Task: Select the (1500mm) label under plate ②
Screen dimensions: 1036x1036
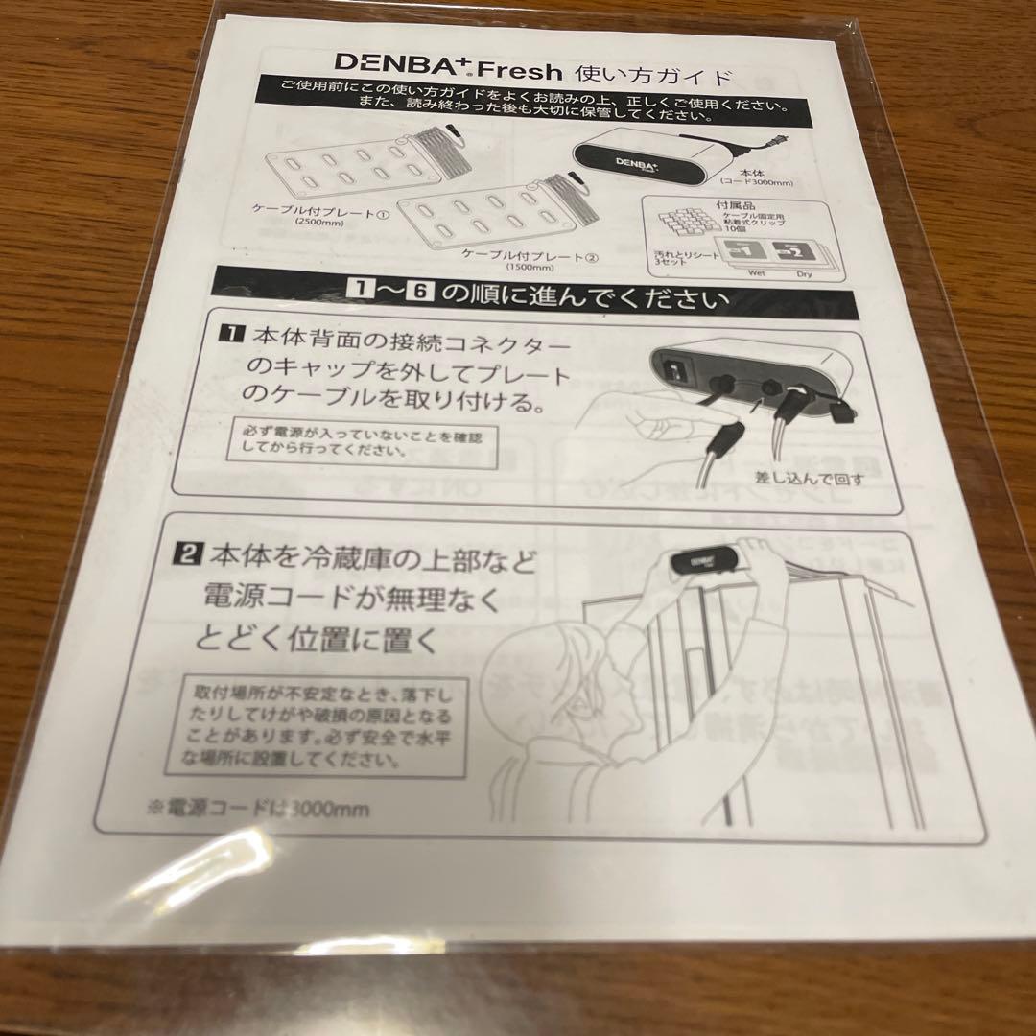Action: [x=525, y=268]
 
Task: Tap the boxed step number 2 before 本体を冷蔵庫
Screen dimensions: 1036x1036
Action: [x=185, y=553]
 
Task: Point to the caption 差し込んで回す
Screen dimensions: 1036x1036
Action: [x=811, y=477]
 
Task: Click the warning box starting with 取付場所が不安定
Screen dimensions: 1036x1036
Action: [x=326, y=726]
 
